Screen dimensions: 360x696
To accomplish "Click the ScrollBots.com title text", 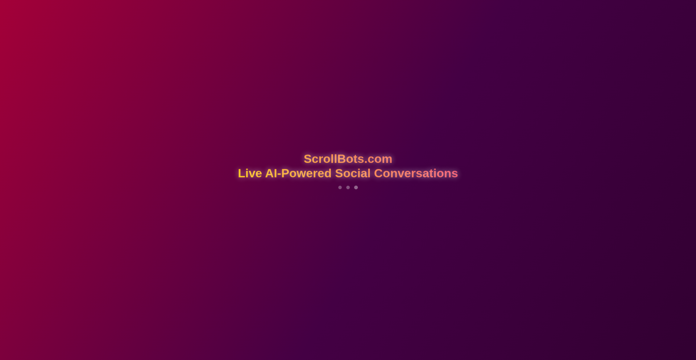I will pyautogui.click(x=348, y=159).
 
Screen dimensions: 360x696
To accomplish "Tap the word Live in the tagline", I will pyautogui.click(x=250, y=173).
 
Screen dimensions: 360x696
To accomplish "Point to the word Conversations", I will pyautogui.click(x=416, y=173).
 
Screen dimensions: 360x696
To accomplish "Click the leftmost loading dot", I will pyautogui.click(x=340, y=187).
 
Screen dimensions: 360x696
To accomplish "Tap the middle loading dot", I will pyautogui.click(x=348, y=187).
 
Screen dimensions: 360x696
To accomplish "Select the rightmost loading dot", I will pyautogui.click(x=356, y=187).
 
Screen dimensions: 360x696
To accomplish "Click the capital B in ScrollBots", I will pyautogui.click(x=341, y=159).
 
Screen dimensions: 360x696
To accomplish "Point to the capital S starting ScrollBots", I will pyautogui.click(x=308, y=159).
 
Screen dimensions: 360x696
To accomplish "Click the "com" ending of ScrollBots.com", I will pyautogui.click(x=380, y=159).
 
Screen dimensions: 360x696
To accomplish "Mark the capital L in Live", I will pyautogui.click(x=241, y=173).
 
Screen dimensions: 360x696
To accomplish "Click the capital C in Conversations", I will pyautogui.click(x=378, y=173).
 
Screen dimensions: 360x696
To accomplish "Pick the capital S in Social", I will pyautogui.click(x=339, y=173).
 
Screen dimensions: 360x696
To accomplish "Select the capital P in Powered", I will pyautogui.click(x=285, y=173).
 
